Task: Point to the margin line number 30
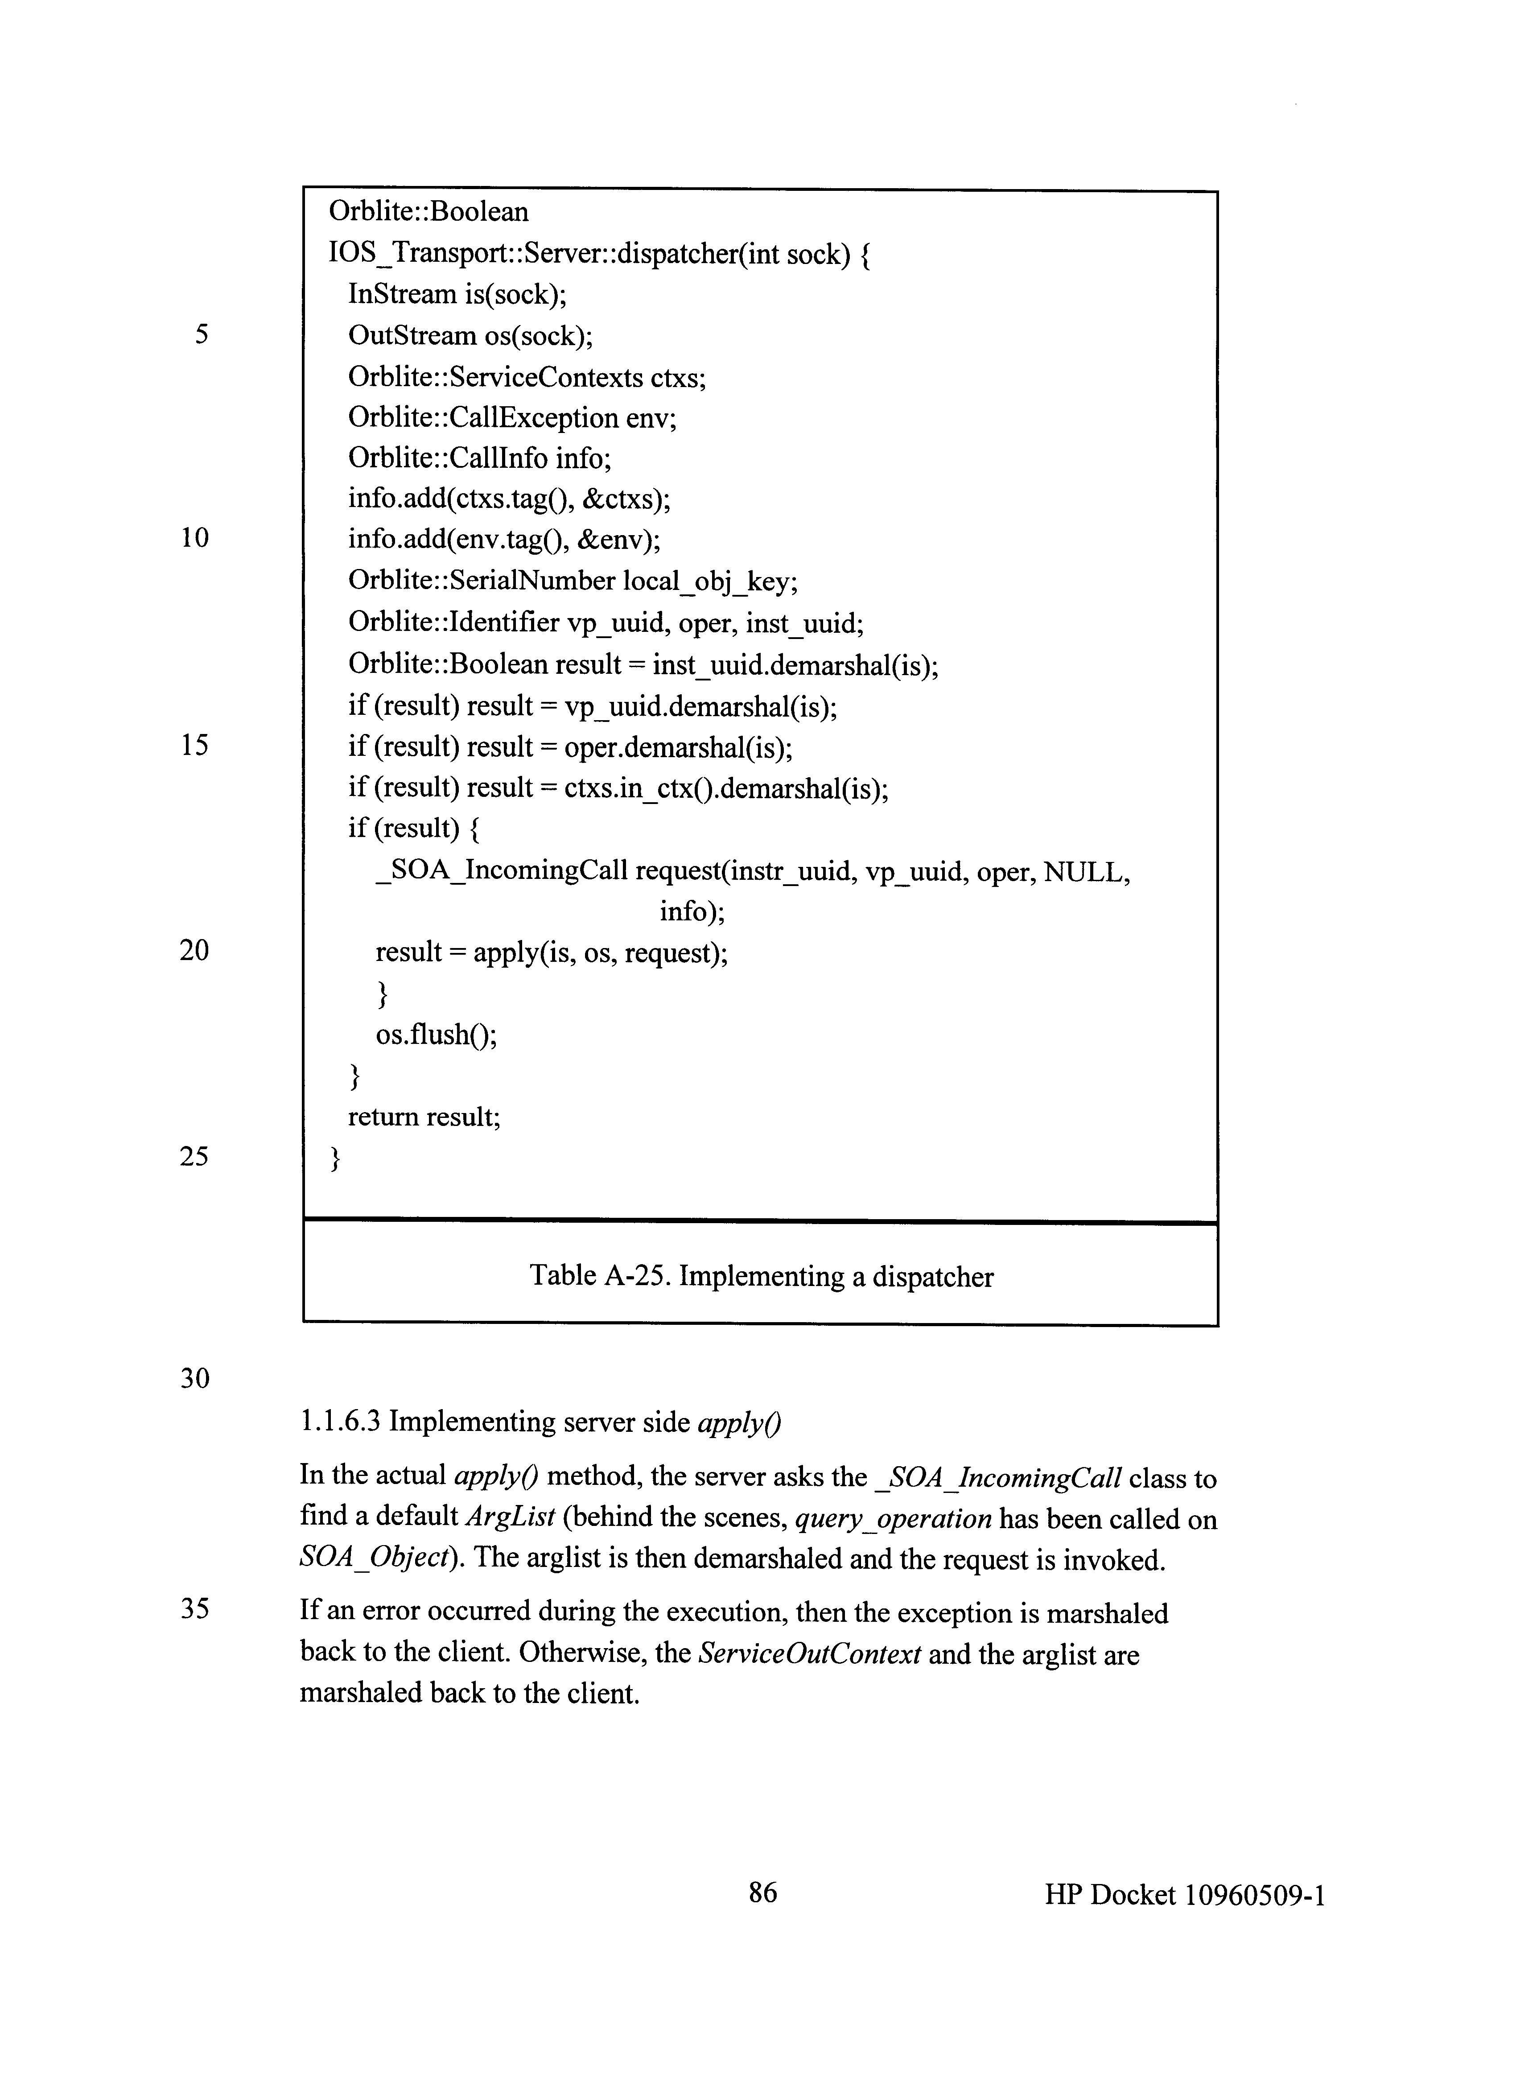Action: (x=194, y=1378)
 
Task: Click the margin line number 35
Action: (x=194, y=1609)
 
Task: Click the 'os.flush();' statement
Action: (x=436, y=1035)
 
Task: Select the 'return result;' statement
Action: (x=424, y=1117)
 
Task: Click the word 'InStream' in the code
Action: (x=402, y=294)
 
